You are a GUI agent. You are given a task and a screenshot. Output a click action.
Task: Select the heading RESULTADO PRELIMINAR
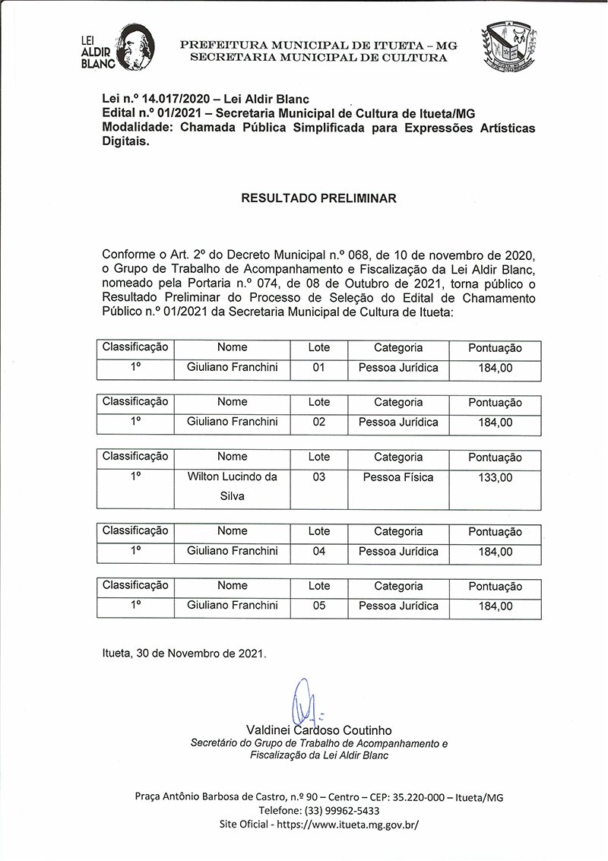click(318, 199)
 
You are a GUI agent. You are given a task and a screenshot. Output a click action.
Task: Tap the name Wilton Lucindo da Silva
click(232, 486)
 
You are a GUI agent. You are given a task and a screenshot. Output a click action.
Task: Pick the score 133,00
click(495, 478)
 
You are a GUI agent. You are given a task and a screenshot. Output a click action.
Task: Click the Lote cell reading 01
click(318, 368)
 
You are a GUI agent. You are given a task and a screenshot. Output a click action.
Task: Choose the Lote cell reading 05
click(318, 606)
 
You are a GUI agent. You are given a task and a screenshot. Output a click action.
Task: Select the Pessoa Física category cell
click(398, 477)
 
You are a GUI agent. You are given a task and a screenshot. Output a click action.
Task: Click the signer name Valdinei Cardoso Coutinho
click(318, 730)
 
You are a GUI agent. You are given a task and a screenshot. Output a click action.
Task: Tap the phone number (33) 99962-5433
click(318, 811)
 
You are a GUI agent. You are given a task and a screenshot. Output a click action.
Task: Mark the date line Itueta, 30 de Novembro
click(185, 653)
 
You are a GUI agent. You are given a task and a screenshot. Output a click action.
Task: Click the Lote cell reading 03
click(318, 477)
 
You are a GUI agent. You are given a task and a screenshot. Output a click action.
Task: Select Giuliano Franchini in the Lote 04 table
click(232, 551)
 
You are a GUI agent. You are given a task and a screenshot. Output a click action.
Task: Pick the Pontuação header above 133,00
click(495, 457)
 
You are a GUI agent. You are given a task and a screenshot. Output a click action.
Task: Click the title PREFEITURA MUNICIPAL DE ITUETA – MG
click(318, 45)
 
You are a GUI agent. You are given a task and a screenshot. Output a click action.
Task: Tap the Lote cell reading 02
click(318, 422)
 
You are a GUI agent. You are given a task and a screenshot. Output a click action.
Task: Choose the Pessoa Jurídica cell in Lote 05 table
click(398, 606)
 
